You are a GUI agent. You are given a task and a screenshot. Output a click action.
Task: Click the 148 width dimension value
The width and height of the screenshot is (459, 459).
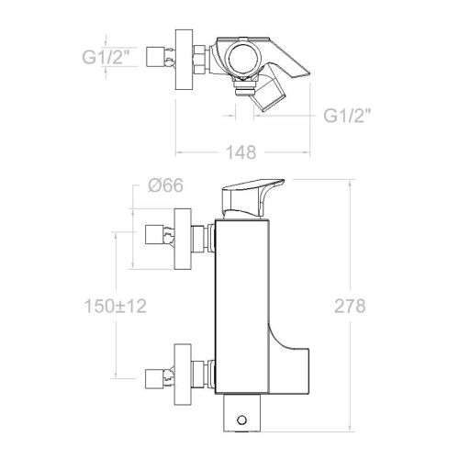[x=241, y=152]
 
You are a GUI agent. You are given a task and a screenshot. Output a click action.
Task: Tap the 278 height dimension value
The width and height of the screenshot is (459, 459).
[x=350, y=306]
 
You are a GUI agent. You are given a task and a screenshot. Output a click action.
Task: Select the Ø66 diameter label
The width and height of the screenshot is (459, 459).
[x=165, y=185]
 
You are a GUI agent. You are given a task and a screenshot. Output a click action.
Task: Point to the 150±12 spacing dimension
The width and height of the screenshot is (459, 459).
[x=115, y=306]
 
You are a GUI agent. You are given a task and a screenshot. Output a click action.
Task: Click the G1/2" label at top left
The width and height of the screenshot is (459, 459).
[x=106, y=57]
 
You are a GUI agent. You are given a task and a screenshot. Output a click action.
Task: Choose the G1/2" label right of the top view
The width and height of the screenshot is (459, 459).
[x=347, y=116]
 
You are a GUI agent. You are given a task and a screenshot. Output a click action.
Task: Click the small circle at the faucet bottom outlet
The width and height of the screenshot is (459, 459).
[x=241, y=420]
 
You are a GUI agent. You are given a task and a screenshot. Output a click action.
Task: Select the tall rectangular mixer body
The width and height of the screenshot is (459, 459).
[x=242, y=307]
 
